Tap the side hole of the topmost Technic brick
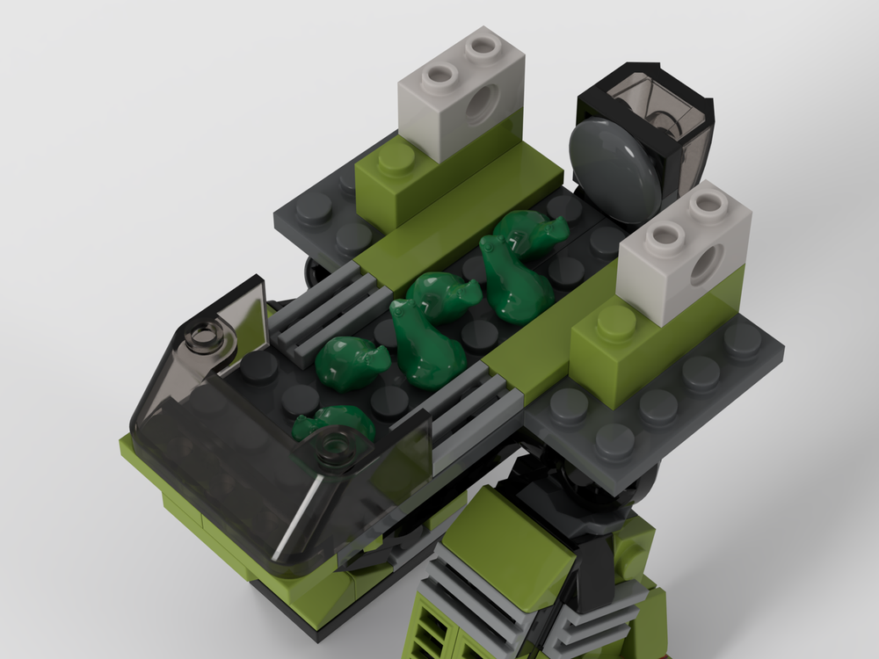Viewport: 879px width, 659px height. click(479, 108)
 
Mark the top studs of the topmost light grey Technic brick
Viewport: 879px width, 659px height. click(457, 62)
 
